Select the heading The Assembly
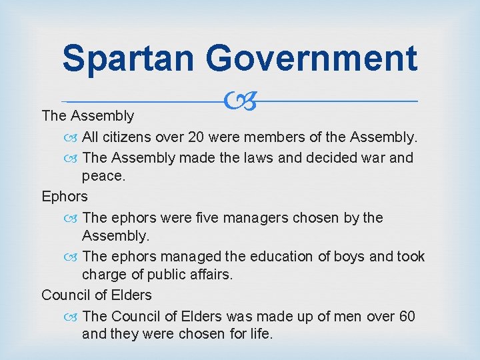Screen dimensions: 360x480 (87, 116)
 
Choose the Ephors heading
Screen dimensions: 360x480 (65, 197)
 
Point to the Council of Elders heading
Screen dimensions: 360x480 (97, 295)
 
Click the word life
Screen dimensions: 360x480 (259, 334)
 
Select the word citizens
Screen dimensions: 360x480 (128, 138)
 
